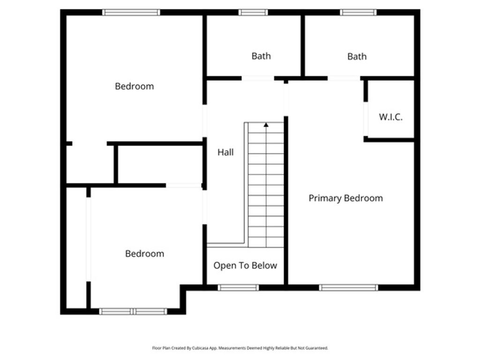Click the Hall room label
[x=225, y=152]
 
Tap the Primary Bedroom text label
[x=345, y=198]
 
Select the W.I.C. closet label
[x=390, y=117]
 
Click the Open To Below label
[x=245, y=266]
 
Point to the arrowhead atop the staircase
[x=266, y=125]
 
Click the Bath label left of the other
[x=261, y=56]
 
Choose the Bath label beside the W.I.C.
[x=357, y=57]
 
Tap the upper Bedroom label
[x=135, y=86]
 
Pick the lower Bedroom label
[x=144, y=254]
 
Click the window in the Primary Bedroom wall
[x=348, y=287]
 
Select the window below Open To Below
[x=238, y=287]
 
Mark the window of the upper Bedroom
[x=131, y=13]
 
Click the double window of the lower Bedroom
[x=134, y=311]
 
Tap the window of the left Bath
[x=253, y=13]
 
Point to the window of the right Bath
[x=359, y=13]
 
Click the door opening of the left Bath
[x=258, y=78]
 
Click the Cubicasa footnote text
[x=240, y=348]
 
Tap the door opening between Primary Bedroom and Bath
[x=344, y=78]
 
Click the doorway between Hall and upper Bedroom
[x=204, y=120]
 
